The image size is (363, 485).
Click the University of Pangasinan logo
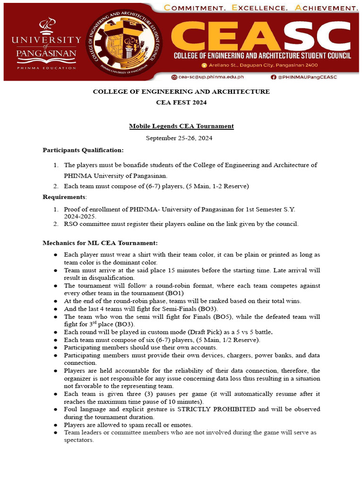click(46, 44)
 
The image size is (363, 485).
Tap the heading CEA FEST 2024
click(181, 102)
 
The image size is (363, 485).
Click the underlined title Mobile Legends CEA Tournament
click(181, 126)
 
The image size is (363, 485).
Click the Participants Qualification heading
click(83, 150)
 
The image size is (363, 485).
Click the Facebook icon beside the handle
click(273, 77)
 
